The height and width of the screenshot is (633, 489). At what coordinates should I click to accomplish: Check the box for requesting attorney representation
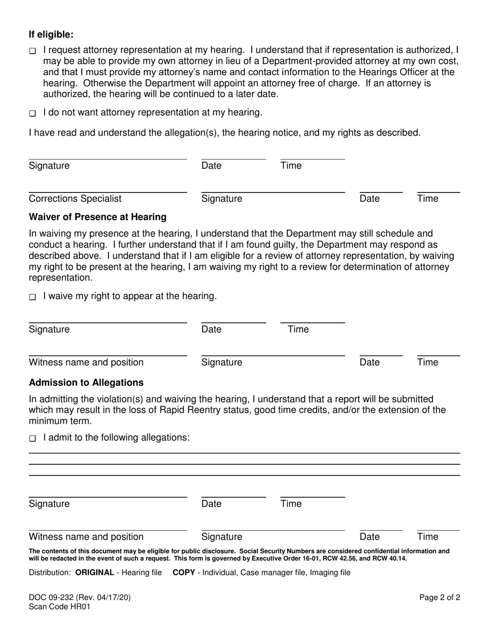[x=32, y=51]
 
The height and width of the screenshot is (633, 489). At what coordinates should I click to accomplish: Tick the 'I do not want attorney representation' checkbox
[x=32, y=113]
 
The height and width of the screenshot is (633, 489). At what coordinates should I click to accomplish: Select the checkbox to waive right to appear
[x=32, y=297]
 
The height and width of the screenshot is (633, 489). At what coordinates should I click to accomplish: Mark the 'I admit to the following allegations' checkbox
[x=32, y=438]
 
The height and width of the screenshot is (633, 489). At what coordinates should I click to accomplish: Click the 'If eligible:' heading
[x=51, y=34]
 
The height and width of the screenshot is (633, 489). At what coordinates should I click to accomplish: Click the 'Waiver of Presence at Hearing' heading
[x=97, y=217]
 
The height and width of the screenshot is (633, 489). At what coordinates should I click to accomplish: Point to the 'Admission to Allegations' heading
[x=86, y=382]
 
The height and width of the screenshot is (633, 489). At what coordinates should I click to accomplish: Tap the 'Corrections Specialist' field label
[x=75, y=199]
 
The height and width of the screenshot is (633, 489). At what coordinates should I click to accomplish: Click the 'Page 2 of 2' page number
[x=439, y=598]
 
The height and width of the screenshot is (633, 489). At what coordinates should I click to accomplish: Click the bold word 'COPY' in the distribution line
[x=184, y=572]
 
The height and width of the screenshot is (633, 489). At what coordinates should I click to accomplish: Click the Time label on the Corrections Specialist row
[x=427, y=199]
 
